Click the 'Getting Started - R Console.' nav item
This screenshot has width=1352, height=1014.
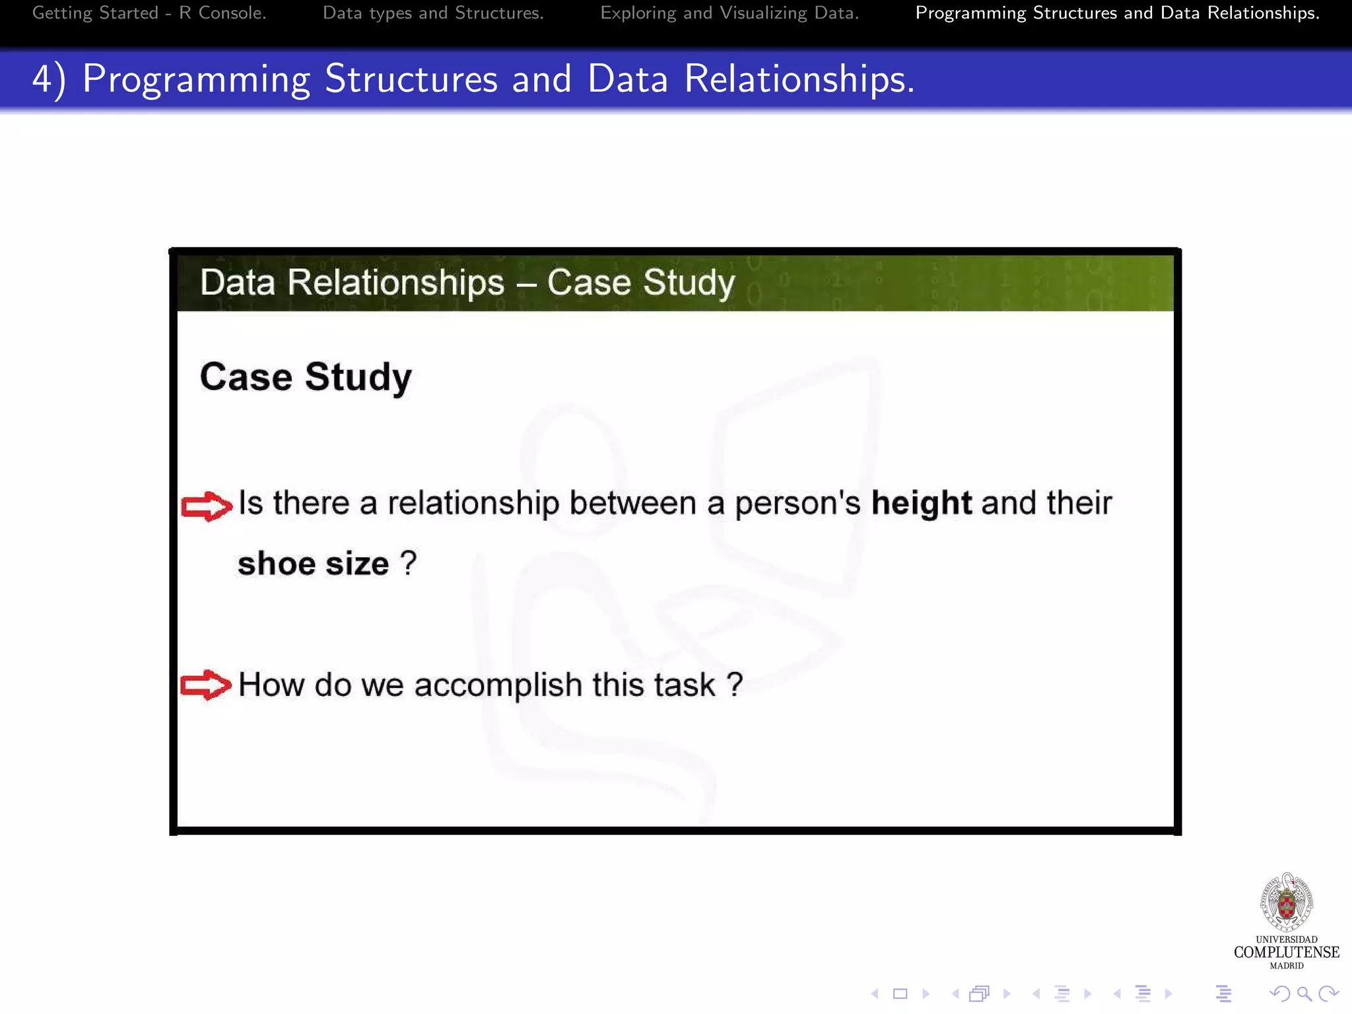point(149,13)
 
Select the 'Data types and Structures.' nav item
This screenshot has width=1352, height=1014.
point(433,13)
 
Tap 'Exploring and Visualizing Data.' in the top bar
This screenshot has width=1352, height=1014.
point(729,13)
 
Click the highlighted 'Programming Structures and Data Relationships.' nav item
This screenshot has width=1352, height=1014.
point(1117,13)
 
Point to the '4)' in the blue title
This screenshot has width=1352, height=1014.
point(49,80)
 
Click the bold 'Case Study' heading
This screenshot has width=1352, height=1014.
point(306,377)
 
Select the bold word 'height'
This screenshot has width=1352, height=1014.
point(921,503)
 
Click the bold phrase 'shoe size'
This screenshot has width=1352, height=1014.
point(313,564)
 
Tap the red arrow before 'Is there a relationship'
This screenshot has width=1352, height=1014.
point(207,506)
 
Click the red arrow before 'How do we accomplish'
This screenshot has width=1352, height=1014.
point(206,685)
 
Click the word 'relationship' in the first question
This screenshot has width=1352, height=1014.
point(473,503)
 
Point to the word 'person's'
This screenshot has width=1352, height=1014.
point(797,503)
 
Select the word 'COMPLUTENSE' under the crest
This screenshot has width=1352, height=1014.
point(1286,952)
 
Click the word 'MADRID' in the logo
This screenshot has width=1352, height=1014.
point(1286,966)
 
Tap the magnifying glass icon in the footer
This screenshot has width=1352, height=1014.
point(1304,994)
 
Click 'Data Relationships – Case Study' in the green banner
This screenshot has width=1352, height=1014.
point(467,283)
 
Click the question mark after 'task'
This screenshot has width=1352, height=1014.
point(735,684)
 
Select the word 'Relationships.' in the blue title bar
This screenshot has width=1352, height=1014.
point(799,80)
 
